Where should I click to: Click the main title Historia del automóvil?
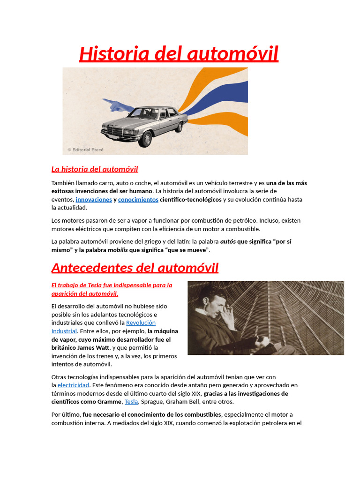[x=179, y=54]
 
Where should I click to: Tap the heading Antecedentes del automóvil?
[x=135, y=268]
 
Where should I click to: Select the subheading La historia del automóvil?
[x=95, y=169]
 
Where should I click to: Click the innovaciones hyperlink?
[x=94, y=199]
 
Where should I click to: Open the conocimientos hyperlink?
[x=138, y=199]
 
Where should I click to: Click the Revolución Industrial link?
[x=140, y=323]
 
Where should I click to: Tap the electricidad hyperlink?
[x=73, y=385]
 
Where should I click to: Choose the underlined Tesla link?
[x=131, y=402]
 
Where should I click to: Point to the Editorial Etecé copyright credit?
[x=85, y=150]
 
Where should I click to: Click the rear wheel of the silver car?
[x=179, y=127]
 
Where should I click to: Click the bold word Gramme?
[x=110, y=402]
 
